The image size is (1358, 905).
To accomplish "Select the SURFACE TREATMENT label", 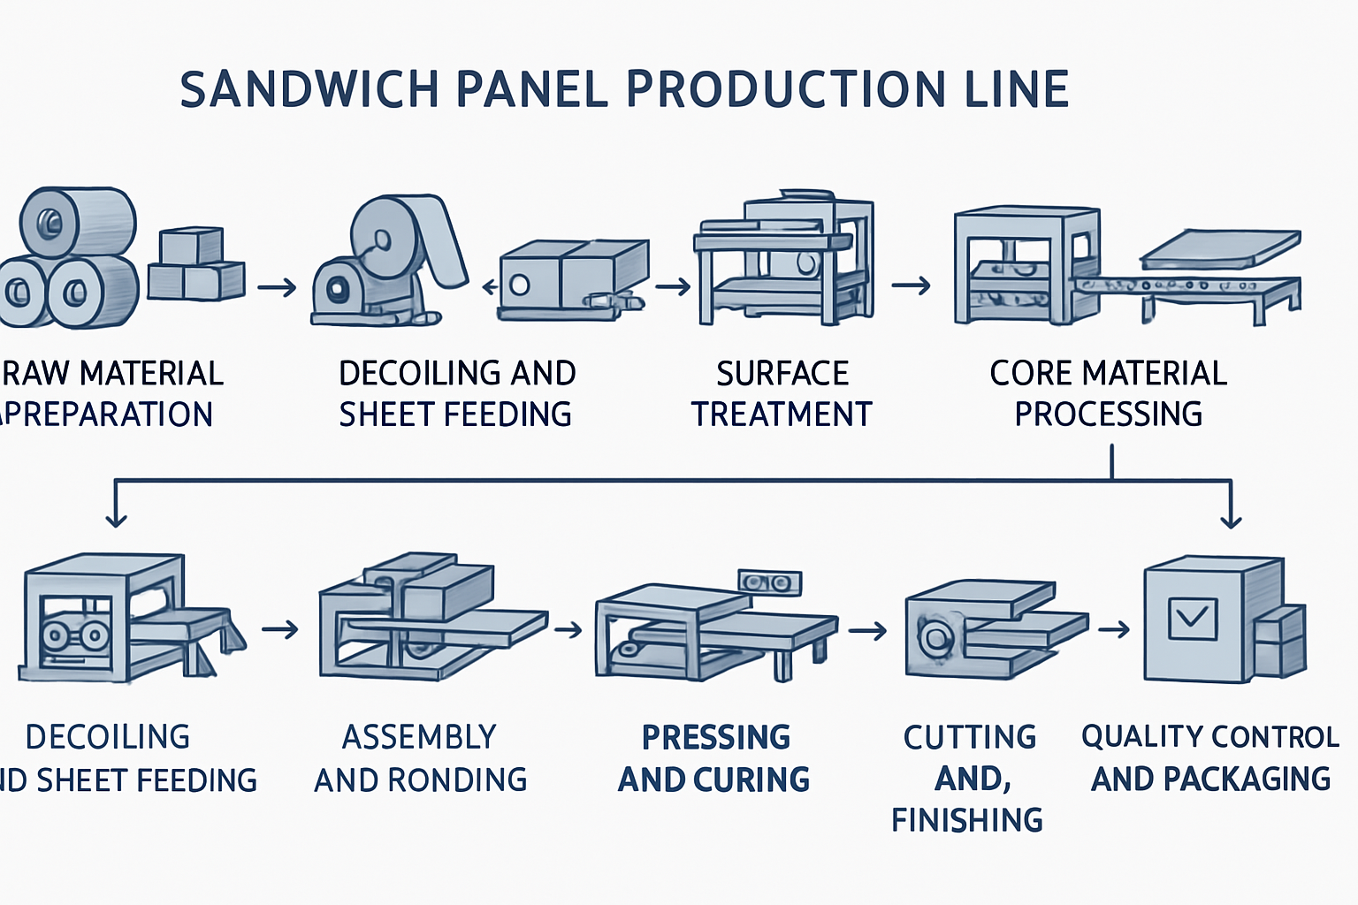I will point(782,393).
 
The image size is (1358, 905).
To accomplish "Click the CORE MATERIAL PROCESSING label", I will point(1108,393).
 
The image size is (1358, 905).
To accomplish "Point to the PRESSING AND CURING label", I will point(714,758).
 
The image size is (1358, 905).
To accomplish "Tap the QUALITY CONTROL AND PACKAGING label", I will point(1210,757).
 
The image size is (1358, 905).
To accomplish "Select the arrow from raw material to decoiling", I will point(277,287).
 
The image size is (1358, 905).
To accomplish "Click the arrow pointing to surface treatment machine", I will point(673,286).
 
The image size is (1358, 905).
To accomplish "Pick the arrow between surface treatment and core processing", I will point(912,285).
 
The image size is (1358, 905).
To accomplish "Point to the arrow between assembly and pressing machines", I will point(568,629).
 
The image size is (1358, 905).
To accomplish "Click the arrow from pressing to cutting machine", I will point(867,630).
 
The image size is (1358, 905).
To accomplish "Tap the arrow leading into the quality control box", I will point(1114,629).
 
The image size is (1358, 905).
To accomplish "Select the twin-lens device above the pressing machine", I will point(768,582).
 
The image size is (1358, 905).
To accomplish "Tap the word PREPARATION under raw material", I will point(111,414).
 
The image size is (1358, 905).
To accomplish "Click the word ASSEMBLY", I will point(419,737).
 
